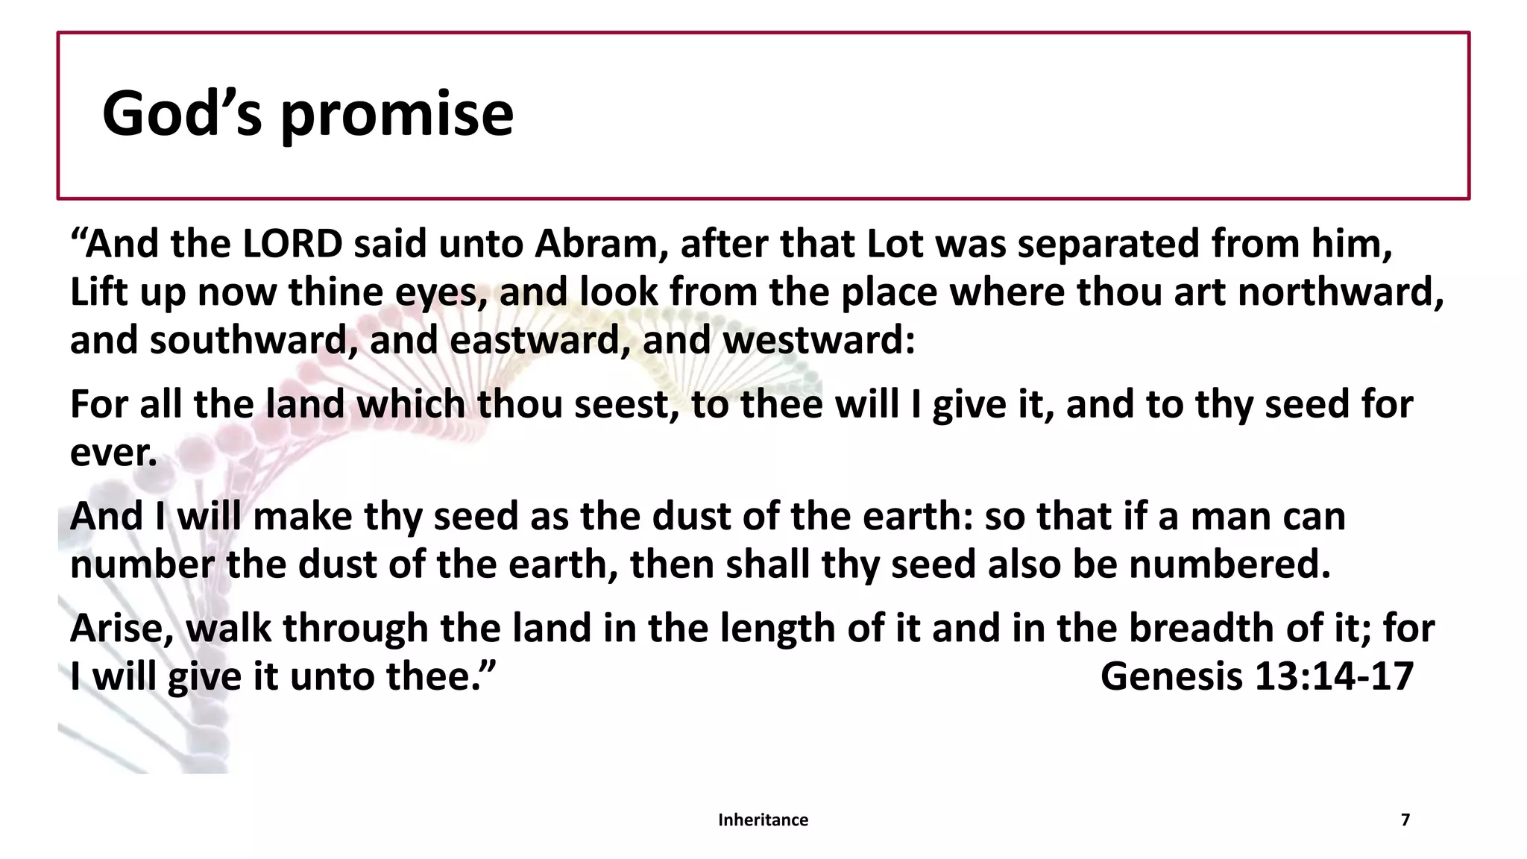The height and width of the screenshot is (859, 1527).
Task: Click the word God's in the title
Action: (x=182, y=113)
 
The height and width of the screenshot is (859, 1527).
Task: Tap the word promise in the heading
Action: (x=397, y=116)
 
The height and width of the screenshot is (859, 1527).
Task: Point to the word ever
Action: (x=113, y=453)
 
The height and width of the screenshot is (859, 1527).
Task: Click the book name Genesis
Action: (x=1172, y=677)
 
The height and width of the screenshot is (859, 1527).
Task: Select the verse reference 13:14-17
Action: (x=1335, y=677)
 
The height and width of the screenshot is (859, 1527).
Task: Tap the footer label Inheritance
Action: (x=763, y=820)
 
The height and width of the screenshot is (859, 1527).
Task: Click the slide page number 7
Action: (x=1405, y=820)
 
